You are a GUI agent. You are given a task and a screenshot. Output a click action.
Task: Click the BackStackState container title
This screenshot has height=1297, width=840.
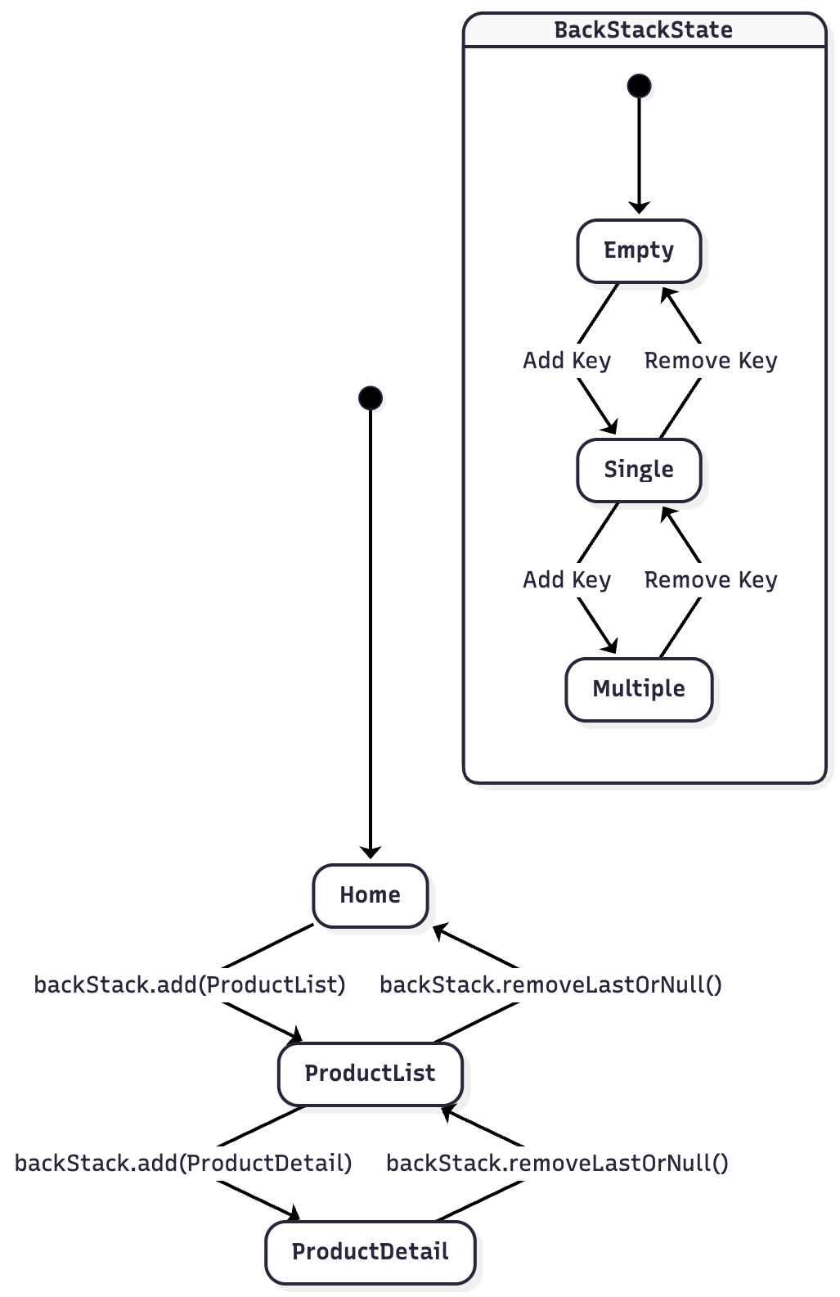click(643, 30)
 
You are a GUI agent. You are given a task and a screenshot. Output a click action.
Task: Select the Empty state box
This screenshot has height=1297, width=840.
click(639, 250)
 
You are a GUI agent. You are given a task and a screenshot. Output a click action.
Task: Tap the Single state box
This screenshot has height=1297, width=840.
click(639, 470)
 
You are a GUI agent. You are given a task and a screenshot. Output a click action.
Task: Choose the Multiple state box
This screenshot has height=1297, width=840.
click(639, 689)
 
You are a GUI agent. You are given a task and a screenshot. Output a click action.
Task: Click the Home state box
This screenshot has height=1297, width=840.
click(370, 895)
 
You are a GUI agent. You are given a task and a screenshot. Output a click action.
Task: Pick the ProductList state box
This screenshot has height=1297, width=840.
click(370, 1074)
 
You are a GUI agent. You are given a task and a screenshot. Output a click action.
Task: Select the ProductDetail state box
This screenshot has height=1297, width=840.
click(370, 1252)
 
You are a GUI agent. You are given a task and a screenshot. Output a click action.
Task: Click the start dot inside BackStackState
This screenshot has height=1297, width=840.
click(639, 85)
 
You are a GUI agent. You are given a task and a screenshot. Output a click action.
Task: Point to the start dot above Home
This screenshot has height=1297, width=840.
click(371, 399)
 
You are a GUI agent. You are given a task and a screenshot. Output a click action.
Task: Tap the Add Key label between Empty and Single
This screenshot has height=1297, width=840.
click(567, 361)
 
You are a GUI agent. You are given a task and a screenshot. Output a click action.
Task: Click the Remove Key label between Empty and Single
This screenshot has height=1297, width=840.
click(711, 361)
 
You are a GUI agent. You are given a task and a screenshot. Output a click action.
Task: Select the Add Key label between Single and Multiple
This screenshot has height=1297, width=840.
click(567, 580)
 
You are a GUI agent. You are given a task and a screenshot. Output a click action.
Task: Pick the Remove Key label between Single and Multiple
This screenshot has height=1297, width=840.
click(711, 580)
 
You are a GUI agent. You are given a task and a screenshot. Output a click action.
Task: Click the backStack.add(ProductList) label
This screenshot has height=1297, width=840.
click(190, 984)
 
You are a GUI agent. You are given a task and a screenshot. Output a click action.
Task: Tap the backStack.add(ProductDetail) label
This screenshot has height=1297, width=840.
click(183, 1163)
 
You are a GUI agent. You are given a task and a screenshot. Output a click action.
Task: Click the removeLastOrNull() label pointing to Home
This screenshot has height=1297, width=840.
click(550, 984)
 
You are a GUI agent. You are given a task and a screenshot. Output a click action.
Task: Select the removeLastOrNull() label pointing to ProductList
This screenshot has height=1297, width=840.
click(557, 1163)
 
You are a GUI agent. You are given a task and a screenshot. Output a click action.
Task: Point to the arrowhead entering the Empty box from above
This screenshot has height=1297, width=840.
click(639, 209)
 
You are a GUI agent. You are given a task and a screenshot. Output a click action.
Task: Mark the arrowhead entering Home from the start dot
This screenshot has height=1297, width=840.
click(371, 853)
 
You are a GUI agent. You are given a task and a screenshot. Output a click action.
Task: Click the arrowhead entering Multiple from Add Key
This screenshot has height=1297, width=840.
click(610, 646)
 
